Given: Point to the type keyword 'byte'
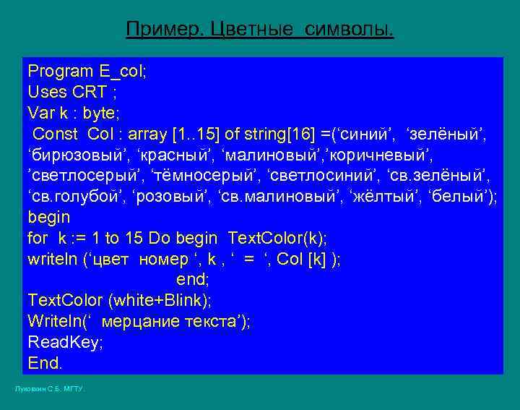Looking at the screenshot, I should pos(100,113).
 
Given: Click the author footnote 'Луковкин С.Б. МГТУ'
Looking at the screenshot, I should pos(50,390).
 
